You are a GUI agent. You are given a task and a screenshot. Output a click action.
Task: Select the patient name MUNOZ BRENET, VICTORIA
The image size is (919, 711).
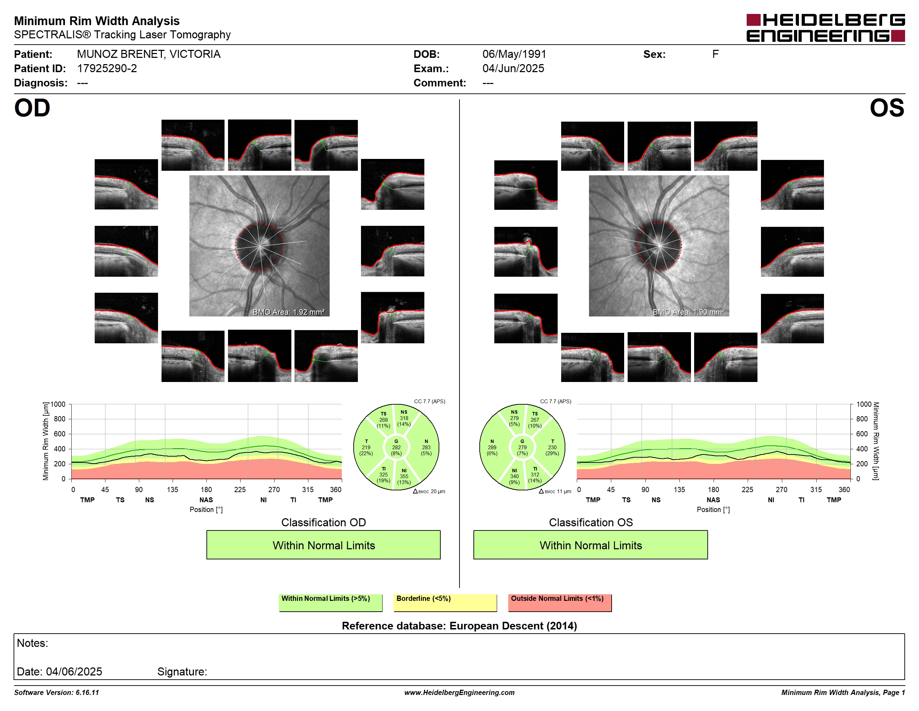point(149,54)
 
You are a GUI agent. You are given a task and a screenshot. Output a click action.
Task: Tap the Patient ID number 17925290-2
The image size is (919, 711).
point(107,69)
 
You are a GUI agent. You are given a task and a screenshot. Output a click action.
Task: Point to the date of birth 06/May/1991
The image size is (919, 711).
point(514,54)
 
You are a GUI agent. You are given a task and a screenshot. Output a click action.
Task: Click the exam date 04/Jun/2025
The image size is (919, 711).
point(513,69)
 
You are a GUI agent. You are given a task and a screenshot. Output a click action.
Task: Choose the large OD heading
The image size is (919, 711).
point(32,108)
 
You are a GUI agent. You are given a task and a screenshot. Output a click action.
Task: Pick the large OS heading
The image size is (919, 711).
point(887,108)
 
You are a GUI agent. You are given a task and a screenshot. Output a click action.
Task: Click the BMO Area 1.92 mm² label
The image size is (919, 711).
point(289,312)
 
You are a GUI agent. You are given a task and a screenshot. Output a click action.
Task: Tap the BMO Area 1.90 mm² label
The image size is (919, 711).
point(689,312)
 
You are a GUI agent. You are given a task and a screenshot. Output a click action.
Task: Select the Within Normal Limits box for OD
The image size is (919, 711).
point(323,545)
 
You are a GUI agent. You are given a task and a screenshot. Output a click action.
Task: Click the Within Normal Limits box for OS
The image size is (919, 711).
point(590,545)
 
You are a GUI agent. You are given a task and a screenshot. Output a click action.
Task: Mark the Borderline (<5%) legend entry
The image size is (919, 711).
point(445,602)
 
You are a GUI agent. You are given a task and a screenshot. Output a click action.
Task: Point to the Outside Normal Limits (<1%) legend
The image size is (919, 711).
point(560,602)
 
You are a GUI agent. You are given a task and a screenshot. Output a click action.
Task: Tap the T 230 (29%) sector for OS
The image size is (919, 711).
point(552,447)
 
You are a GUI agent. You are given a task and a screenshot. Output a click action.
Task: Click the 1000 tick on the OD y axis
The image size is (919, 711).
point(58,404)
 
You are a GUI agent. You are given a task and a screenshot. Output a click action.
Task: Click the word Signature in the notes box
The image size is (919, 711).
point(182,672)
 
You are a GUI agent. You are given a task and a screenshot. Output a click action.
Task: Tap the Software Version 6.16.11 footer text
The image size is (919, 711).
point(56,693)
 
